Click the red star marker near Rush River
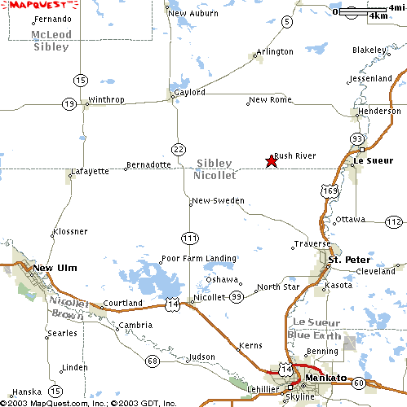(x=272, y=161)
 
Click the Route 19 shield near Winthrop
(x=69, y=103)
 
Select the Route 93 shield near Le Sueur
(x=357, y=139)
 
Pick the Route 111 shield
(x=190, y=238)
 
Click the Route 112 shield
(x=394, y=221)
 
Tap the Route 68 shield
(x=151, y=360)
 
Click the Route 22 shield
(x=179, y=147)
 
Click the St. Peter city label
(x=343, y=260)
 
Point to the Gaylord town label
(x=190, y=93)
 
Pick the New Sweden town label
(x=218, y=200)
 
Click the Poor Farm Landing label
(x=198, y=259)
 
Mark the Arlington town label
(x=275, y=52)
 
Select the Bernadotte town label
(x=149, y=164)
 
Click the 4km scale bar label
(x=378, y=15)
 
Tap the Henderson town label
(x=379, y=111)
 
